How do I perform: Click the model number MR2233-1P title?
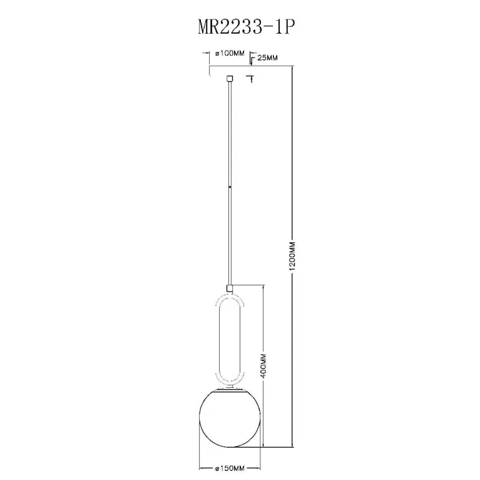(x=246, y=28)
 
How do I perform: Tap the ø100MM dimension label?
(x=230, y=54)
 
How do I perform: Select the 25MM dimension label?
(x=267, y=58)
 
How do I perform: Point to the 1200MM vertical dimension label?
(x=293, y=256)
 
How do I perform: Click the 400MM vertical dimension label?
(x=264, y=365)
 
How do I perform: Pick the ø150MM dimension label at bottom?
(x=230, y=468)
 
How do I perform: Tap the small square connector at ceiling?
(x=229, y=79)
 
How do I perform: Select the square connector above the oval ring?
(x=229, y=288)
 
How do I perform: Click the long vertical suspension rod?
(x=230, y=183)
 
